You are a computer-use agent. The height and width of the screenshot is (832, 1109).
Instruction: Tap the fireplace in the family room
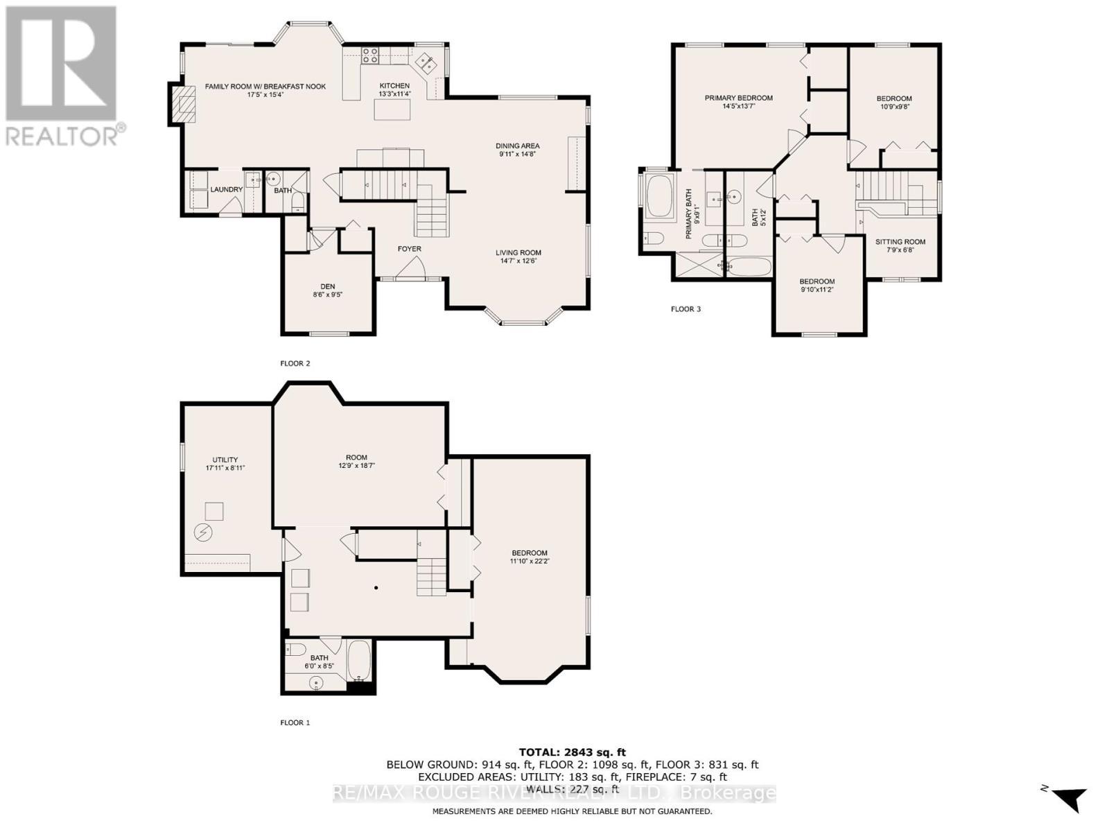183,105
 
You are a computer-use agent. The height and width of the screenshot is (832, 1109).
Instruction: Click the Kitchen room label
394,86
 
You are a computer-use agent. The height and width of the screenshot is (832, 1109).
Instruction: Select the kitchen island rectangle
392,110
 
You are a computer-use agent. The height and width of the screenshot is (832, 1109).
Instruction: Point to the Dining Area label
517,146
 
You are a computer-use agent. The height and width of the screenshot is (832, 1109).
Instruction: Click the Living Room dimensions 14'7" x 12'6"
518,261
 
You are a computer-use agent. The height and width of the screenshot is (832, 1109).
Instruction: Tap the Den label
328,286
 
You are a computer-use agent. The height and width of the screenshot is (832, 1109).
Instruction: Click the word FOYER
409,249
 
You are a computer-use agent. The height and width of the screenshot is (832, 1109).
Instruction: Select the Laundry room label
227,189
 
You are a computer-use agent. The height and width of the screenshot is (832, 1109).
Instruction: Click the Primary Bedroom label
738,98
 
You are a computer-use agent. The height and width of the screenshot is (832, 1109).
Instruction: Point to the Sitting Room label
900,242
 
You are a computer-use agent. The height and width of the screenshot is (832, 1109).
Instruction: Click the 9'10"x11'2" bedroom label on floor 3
817,290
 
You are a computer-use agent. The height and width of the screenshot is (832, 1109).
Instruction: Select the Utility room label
225,460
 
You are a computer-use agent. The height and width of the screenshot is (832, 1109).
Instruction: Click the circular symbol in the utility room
203,532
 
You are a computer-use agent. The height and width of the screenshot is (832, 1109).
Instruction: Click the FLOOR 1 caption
295,722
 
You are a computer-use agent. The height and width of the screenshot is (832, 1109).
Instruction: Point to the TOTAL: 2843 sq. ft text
572,752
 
